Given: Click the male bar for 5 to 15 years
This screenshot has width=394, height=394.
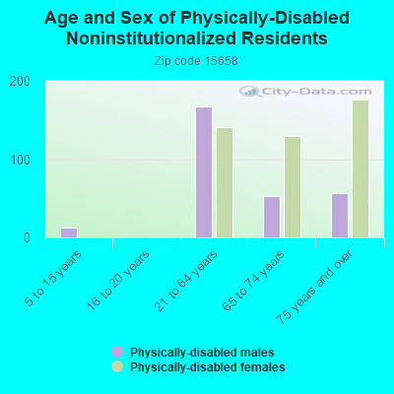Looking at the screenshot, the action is pyautogui.click(x=69, y=232).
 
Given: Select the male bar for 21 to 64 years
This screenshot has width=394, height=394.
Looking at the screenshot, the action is pyautogui.click(x=204, y=172).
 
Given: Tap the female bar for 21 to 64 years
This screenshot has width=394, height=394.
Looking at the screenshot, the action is pyautogui.click(x=225, y=182).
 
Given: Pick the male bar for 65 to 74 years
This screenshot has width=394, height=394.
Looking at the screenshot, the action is pyautogui.click(x=272, y=217).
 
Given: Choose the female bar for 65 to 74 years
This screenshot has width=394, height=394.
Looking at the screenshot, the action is pyautogui.click(x=293, y=187).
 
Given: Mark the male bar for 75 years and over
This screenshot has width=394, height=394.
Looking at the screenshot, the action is pyautogui.click(x=340, y=216).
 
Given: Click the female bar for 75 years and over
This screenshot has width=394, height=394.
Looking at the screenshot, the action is pyautogui.click(x=361, y=169).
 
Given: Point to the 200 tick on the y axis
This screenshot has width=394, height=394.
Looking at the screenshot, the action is pyautogui.click(x=20, y=82).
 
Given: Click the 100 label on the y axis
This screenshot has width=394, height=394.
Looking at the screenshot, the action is pyautogui.click(x=20, y=160).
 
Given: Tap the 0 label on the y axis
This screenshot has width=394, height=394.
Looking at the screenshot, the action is pyautogui.click(x=27, y=238).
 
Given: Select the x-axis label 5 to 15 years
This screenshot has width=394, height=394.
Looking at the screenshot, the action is pyautogui.click(x=52, y=279).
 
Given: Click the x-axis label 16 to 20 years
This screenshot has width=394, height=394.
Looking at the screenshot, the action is pyautogui.click(x=118, y=280).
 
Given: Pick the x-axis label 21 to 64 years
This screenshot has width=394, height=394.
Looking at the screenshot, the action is pyautogui.click(x=186, y=281).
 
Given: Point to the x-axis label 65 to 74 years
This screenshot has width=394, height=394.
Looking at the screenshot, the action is pyautogui.click(x=253, y=281).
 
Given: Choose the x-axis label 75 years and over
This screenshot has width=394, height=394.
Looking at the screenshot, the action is pyautogui.click(x=314, y=287).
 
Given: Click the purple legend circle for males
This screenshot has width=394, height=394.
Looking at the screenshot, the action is pyautogui.click(x=117, y=352).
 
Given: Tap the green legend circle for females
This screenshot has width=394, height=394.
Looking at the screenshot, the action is pyautogui.click(x=117, y=366).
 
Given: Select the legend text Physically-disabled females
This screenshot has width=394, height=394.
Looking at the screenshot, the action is pyautogui.click(x=208, y=366).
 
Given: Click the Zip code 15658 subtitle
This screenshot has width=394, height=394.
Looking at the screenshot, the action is pyautogui.click(x=196, y=61).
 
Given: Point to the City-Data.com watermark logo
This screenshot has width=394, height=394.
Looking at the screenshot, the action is pyautogui.click(x=305, y=92).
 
